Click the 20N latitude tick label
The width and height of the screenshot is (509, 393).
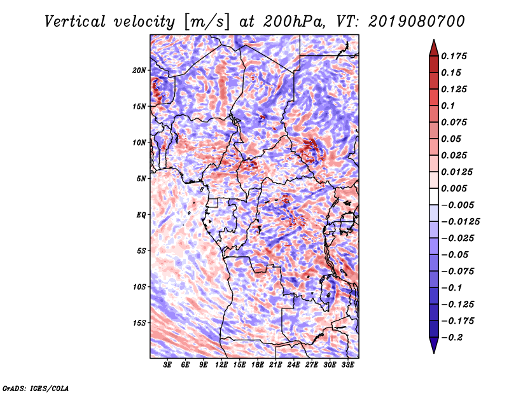pos(139,70)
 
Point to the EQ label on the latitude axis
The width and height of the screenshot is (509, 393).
pos(141,215)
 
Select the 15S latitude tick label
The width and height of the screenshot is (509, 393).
pos(139,323)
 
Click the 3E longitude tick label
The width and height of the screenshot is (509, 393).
pos(167,365)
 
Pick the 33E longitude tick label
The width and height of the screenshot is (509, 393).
pos(347,365)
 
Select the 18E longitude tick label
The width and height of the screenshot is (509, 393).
pos(257,365)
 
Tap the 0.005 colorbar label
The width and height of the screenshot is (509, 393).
pos(456,188)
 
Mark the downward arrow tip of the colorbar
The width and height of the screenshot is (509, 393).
pos(433,352)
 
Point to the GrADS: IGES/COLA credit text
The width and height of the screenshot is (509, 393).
pos(36,387)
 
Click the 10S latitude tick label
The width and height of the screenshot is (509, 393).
pos(139,287)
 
